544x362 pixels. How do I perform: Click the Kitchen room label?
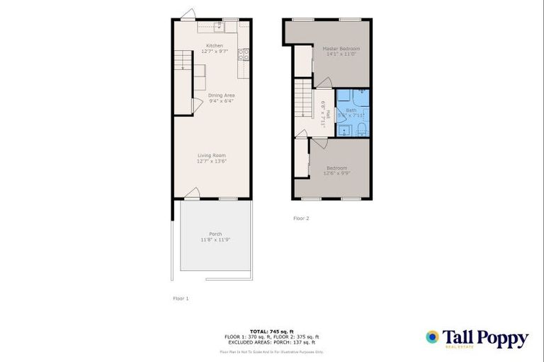pos(215,45)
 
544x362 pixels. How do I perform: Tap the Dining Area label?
pos(221,95)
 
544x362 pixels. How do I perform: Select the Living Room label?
pos(211,155)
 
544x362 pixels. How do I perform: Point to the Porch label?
pos(215,234)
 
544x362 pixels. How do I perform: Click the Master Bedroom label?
pos(341,48)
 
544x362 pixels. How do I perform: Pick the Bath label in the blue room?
pos(351,111)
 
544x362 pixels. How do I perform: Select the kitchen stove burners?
pos(244,52)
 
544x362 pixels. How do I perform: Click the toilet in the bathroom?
pos(360,127)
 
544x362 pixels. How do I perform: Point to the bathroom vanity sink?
pos(343,128)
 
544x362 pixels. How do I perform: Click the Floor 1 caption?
pos(181,298)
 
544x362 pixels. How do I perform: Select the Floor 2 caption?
pos(301,218)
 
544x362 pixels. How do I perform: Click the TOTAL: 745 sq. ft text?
pos(271,331)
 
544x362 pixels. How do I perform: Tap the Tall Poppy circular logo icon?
pos(432,337)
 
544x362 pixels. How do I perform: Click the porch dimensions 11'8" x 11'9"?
pos(215,240)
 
